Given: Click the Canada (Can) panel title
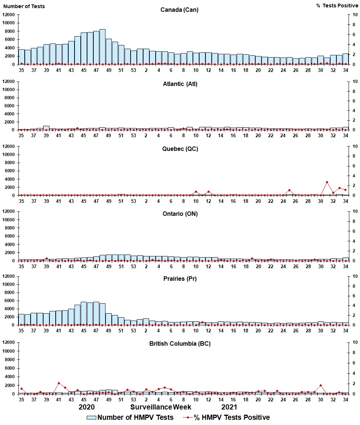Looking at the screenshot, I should [179, 10].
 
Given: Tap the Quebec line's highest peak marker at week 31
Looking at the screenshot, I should [327, 182].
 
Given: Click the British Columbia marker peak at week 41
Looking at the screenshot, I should [59, 383].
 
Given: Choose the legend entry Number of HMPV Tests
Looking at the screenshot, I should [130, 418].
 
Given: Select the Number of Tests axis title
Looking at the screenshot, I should [24, 6].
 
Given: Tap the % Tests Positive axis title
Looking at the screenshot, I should [337, 6].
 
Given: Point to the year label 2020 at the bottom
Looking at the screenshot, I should [87, 407].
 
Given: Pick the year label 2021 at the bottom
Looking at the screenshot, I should [229, 407].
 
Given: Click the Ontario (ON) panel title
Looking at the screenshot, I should [180, 214].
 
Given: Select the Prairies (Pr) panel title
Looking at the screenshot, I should [180, 279].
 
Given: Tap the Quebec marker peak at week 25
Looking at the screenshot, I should [290, 190].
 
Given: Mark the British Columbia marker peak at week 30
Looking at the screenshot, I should [321, 386].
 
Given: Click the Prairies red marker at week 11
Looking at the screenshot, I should [202, 322].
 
